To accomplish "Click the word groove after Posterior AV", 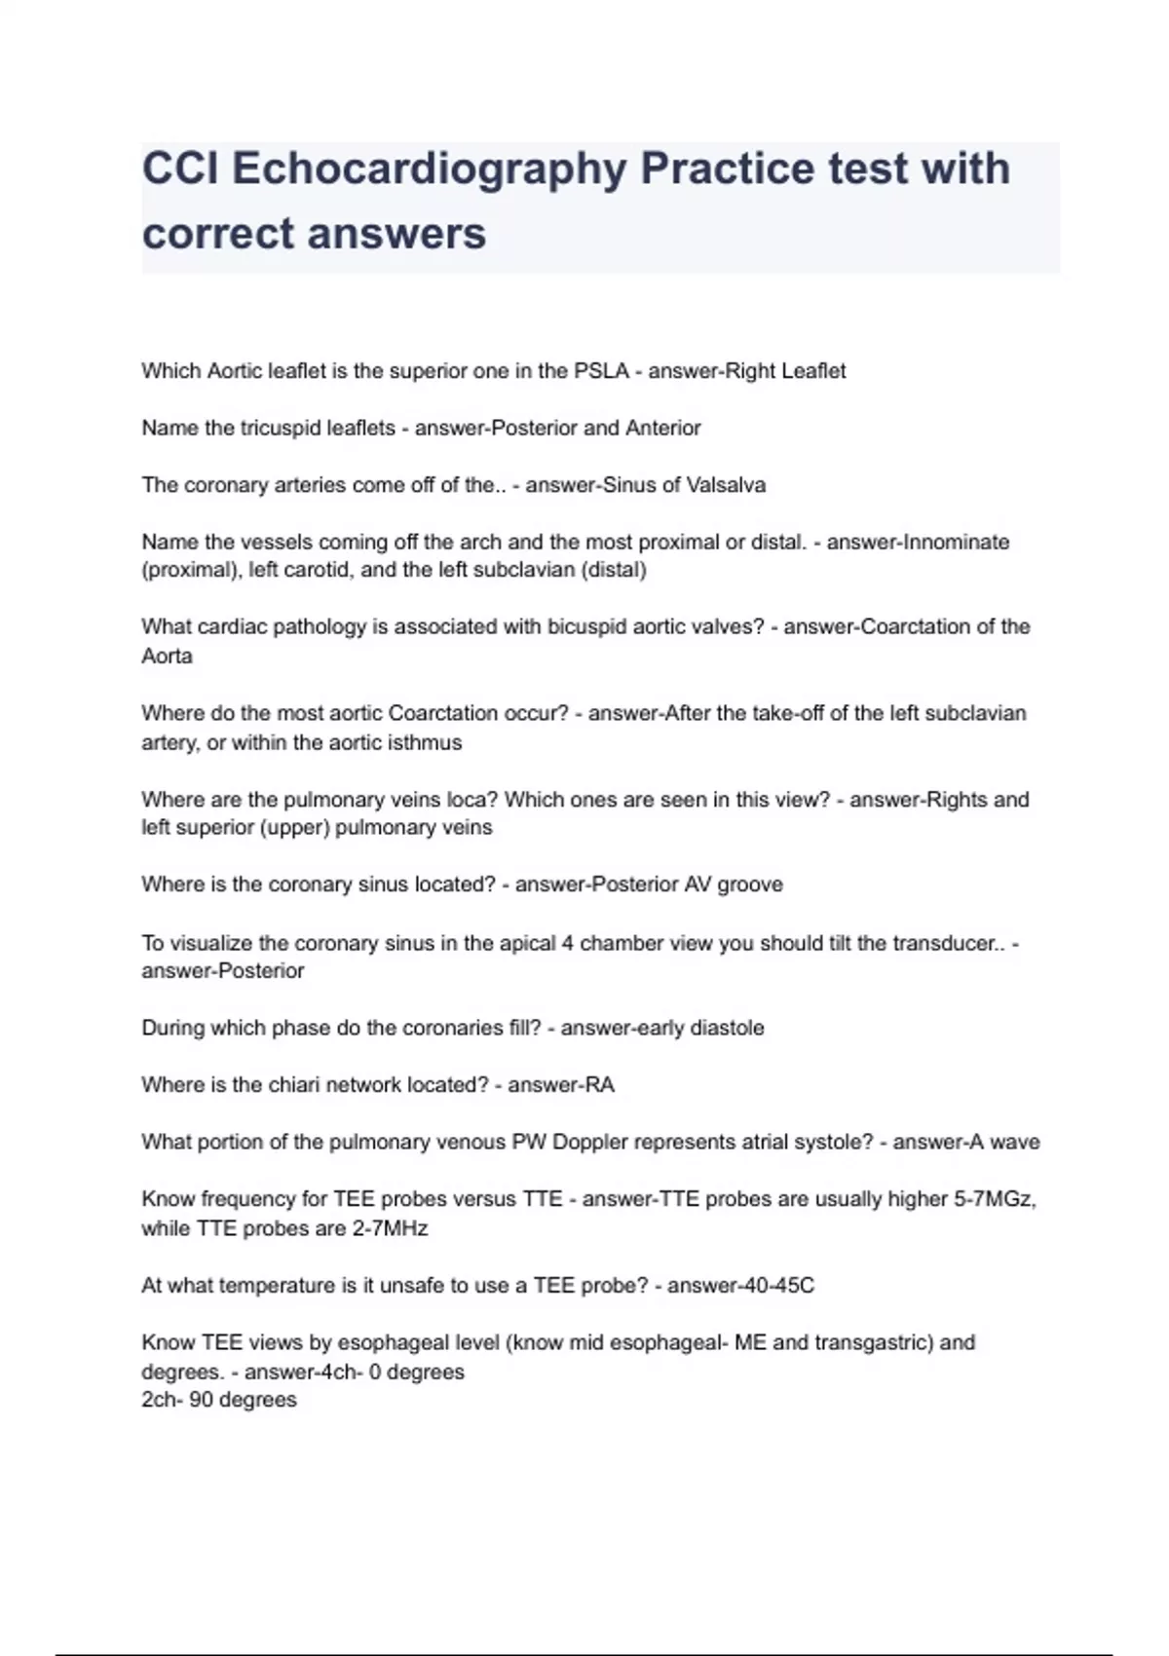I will (x=750, y=884).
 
